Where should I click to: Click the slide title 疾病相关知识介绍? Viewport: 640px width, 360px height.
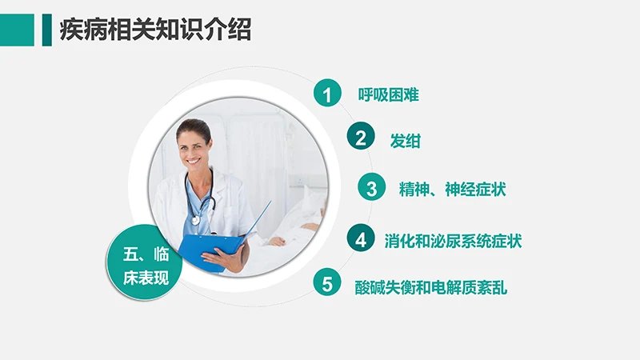[x=155, y=30]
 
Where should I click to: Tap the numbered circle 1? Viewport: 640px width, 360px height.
[x=326, y=94]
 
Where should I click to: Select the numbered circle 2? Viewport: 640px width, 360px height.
[x=361, y=138]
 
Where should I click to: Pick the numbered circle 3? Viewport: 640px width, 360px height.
[x=371, y=189]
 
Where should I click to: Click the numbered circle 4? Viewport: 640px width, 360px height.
[x=361, y=238]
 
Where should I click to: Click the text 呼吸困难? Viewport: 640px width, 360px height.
[x=388, y=94]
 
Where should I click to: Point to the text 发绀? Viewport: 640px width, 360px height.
[x=405, y=140]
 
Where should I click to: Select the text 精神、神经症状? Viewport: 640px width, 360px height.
[x=452, y=190]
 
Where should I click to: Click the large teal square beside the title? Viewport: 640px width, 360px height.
[x=17, y=30]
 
